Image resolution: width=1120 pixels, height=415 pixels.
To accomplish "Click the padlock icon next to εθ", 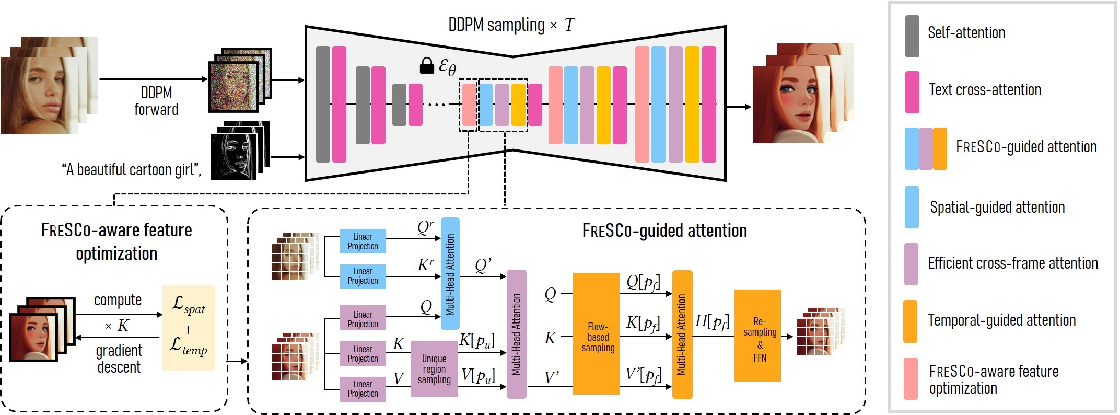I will pyautogui.click(x=427, y=66).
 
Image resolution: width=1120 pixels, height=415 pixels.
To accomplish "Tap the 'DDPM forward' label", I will pyautogui.click(x=156, y=101).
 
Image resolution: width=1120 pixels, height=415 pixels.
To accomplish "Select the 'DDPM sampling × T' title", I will pyautogui.click(x=511, y=25).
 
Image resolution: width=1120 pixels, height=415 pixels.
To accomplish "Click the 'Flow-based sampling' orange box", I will pyautogui.click(x=596, y=333).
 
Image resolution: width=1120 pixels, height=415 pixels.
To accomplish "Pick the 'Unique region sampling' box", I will pyautogui.click(x=434, y=369).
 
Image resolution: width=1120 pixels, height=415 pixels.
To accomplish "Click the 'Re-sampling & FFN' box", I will pyautogui.click(x=757, y=335).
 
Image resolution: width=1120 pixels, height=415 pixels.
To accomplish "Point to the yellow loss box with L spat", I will pyautogui.click(x=189, y=328).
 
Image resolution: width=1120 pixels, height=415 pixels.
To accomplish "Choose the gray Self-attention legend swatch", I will pyautogui.click(x=912, y=36).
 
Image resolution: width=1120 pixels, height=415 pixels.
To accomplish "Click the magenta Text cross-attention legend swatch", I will pyautogui.click(x=912, y=92).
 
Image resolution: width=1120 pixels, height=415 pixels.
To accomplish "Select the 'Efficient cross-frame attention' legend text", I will pyautogui.click(x=1012, y=263).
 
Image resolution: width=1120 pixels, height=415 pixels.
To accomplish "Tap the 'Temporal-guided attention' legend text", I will pyautogui.click(x=1001, y=320).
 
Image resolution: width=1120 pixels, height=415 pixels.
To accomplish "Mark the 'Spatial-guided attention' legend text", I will pyautogui.click(x=997, y=208).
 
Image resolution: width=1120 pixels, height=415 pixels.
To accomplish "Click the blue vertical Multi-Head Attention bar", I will pyautogui.click(x=450, y=273).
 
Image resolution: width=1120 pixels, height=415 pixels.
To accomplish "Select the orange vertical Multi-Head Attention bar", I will pyautogui.click(x=682, y=335).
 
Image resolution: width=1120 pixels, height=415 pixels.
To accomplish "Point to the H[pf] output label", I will pyautogui.click(x=711, y=321).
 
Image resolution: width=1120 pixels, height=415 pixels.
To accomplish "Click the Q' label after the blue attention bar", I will pyautogui.click(x=483, y=266).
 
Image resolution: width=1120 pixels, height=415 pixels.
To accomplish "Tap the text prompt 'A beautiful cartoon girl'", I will pyautogui.click(x=131, y=170).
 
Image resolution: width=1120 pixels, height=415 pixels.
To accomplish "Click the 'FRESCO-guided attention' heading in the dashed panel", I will pyautogui.click(x=664, y=230).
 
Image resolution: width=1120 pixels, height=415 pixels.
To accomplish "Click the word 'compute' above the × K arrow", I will pyautogui.click(x=118, y=300).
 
